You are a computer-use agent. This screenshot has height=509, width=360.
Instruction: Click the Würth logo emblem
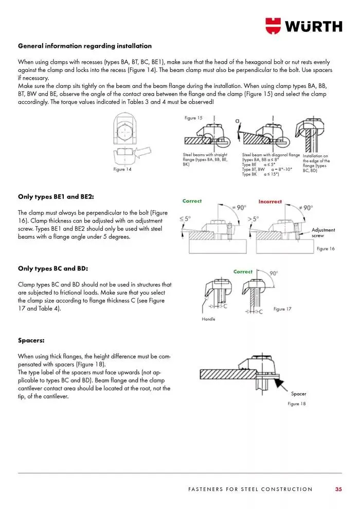pos(274,25)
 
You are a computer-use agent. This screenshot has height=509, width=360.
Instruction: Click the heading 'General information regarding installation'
pos(85,46)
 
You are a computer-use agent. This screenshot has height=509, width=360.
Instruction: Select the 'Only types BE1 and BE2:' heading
pos(56,196)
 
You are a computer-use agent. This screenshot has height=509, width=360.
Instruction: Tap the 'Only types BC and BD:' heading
pos(53,268)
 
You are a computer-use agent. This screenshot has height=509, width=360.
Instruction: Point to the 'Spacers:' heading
pos(30,340)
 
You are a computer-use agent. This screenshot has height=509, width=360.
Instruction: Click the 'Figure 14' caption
pos(122,170)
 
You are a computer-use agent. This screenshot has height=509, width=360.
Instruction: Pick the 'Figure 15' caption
pos(193,118)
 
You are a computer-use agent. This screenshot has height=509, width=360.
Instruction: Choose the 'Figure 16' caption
pos(326,248)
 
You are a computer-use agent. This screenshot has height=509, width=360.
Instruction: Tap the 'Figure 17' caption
pos(282,309)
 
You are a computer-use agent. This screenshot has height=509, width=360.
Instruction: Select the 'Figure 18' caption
pos(297,404)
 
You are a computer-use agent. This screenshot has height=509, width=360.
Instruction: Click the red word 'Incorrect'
pos(270,202)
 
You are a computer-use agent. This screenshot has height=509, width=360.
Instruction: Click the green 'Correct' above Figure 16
pos(192,201)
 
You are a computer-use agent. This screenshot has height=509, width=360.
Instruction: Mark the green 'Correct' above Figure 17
pos(243,271)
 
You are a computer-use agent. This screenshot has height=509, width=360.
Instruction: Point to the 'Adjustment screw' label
pos(323,232)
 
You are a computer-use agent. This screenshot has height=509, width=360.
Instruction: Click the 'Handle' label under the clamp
pos(208,319)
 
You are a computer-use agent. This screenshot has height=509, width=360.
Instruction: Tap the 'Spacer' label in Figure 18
pos(298,394)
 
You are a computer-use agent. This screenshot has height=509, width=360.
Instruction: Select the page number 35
pos(338,489)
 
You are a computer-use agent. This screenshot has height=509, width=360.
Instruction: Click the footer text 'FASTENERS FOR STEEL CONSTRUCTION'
pos(250,489)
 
